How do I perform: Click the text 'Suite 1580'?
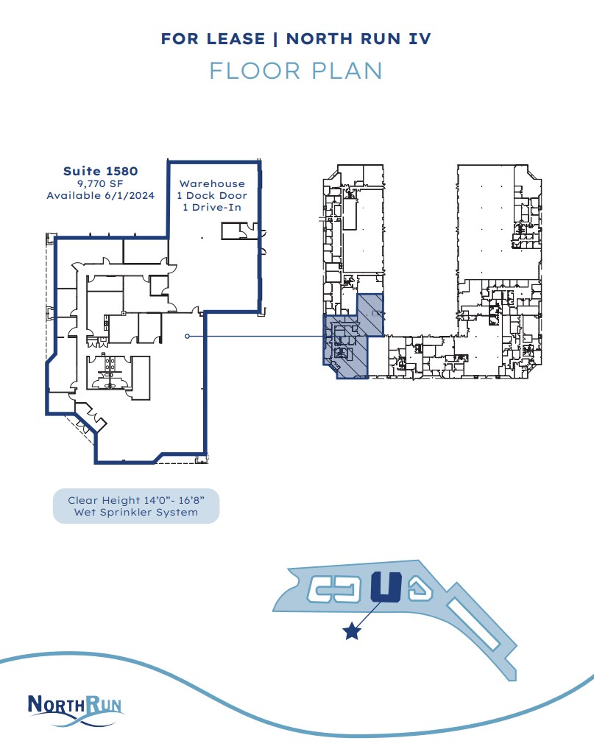click(x=100, y=171)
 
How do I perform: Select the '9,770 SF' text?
click(x=100, y=183)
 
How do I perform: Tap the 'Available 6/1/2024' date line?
click(x=100, y=196)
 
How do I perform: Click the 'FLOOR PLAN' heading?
click(x=296, y=71)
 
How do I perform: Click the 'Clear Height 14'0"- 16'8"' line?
click(x=136, y=500)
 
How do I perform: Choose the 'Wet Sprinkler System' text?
click(x=136, y=512)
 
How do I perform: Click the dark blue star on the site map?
click(x=353, y=631)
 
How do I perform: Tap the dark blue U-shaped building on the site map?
click(x=386, y=588)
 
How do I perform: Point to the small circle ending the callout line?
click(x=188, y=336)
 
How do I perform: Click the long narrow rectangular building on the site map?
click(x=476, y=631)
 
